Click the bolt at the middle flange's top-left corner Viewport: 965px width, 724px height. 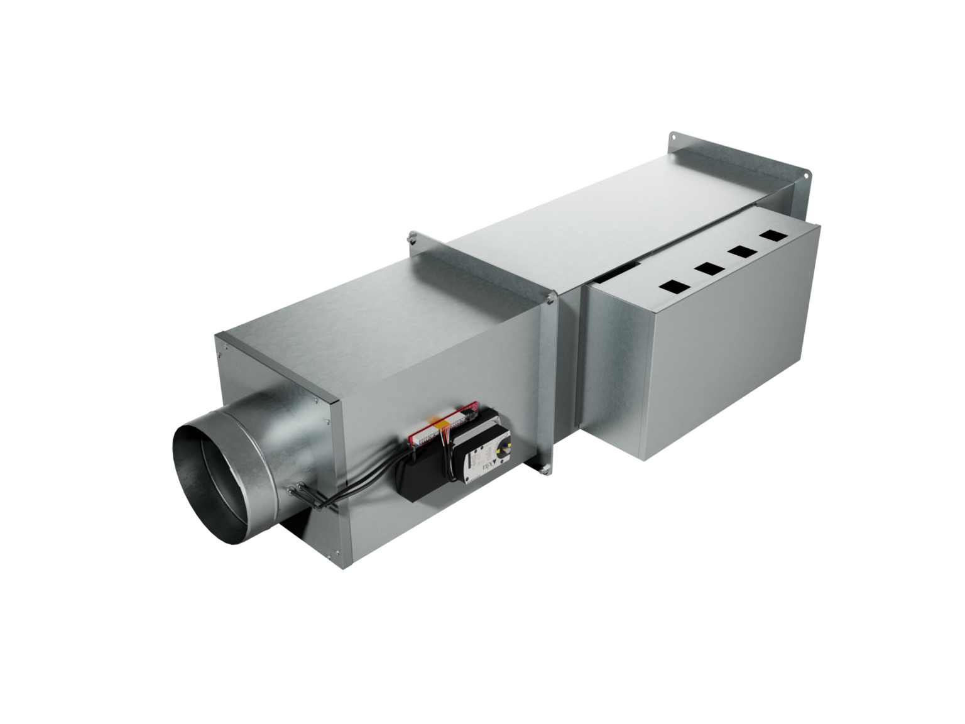pyautogui.click(x=413, y=237)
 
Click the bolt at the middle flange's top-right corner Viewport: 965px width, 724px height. pyautogui.click(x=550, y=301)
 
